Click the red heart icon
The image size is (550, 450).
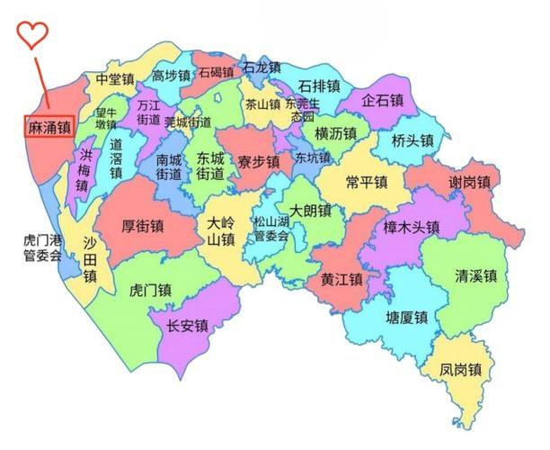[32, 35]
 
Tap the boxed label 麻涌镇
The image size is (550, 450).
[49, 128]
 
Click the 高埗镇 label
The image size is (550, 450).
[171, 76]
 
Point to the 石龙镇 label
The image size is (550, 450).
[262, 67]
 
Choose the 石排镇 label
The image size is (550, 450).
[319, 86]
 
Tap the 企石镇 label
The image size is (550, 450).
[383, 101]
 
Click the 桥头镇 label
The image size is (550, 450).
[413, 140]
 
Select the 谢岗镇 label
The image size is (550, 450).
[470, 183]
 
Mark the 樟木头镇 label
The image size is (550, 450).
[411, 227]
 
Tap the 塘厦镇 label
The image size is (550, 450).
[407, 318]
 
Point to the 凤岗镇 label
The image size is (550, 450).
[461, 369]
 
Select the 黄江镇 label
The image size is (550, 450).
[342, 279]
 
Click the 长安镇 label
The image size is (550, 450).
[188, 325]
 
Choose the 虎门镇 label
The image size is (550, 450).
[151, 290]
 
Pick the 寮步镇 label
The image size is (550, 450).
[259, 162]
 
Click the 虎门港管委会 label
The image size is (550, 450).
[43, 248]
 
